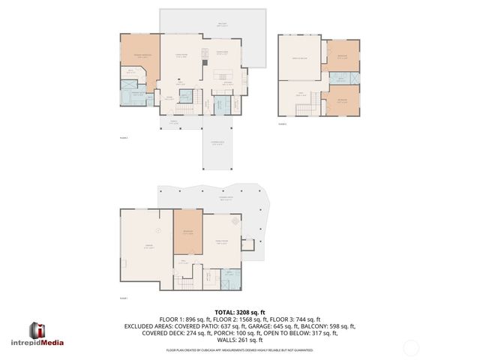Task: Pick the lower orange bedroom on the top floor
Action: (x=343, y=100)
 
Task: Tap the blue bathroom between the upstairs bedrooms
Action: (x=340, y=78)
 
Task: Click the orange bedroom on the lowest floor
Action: (x=188, y=230)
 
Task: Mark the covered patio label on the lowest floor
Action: (x=224, y=198)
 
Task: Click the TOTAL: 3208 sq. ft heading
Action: (x=240, y=311)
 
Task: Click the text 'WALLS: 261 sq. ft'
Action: (x=240, y=341)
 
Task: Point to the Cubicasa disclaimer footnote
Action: (x=240, y=350)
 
